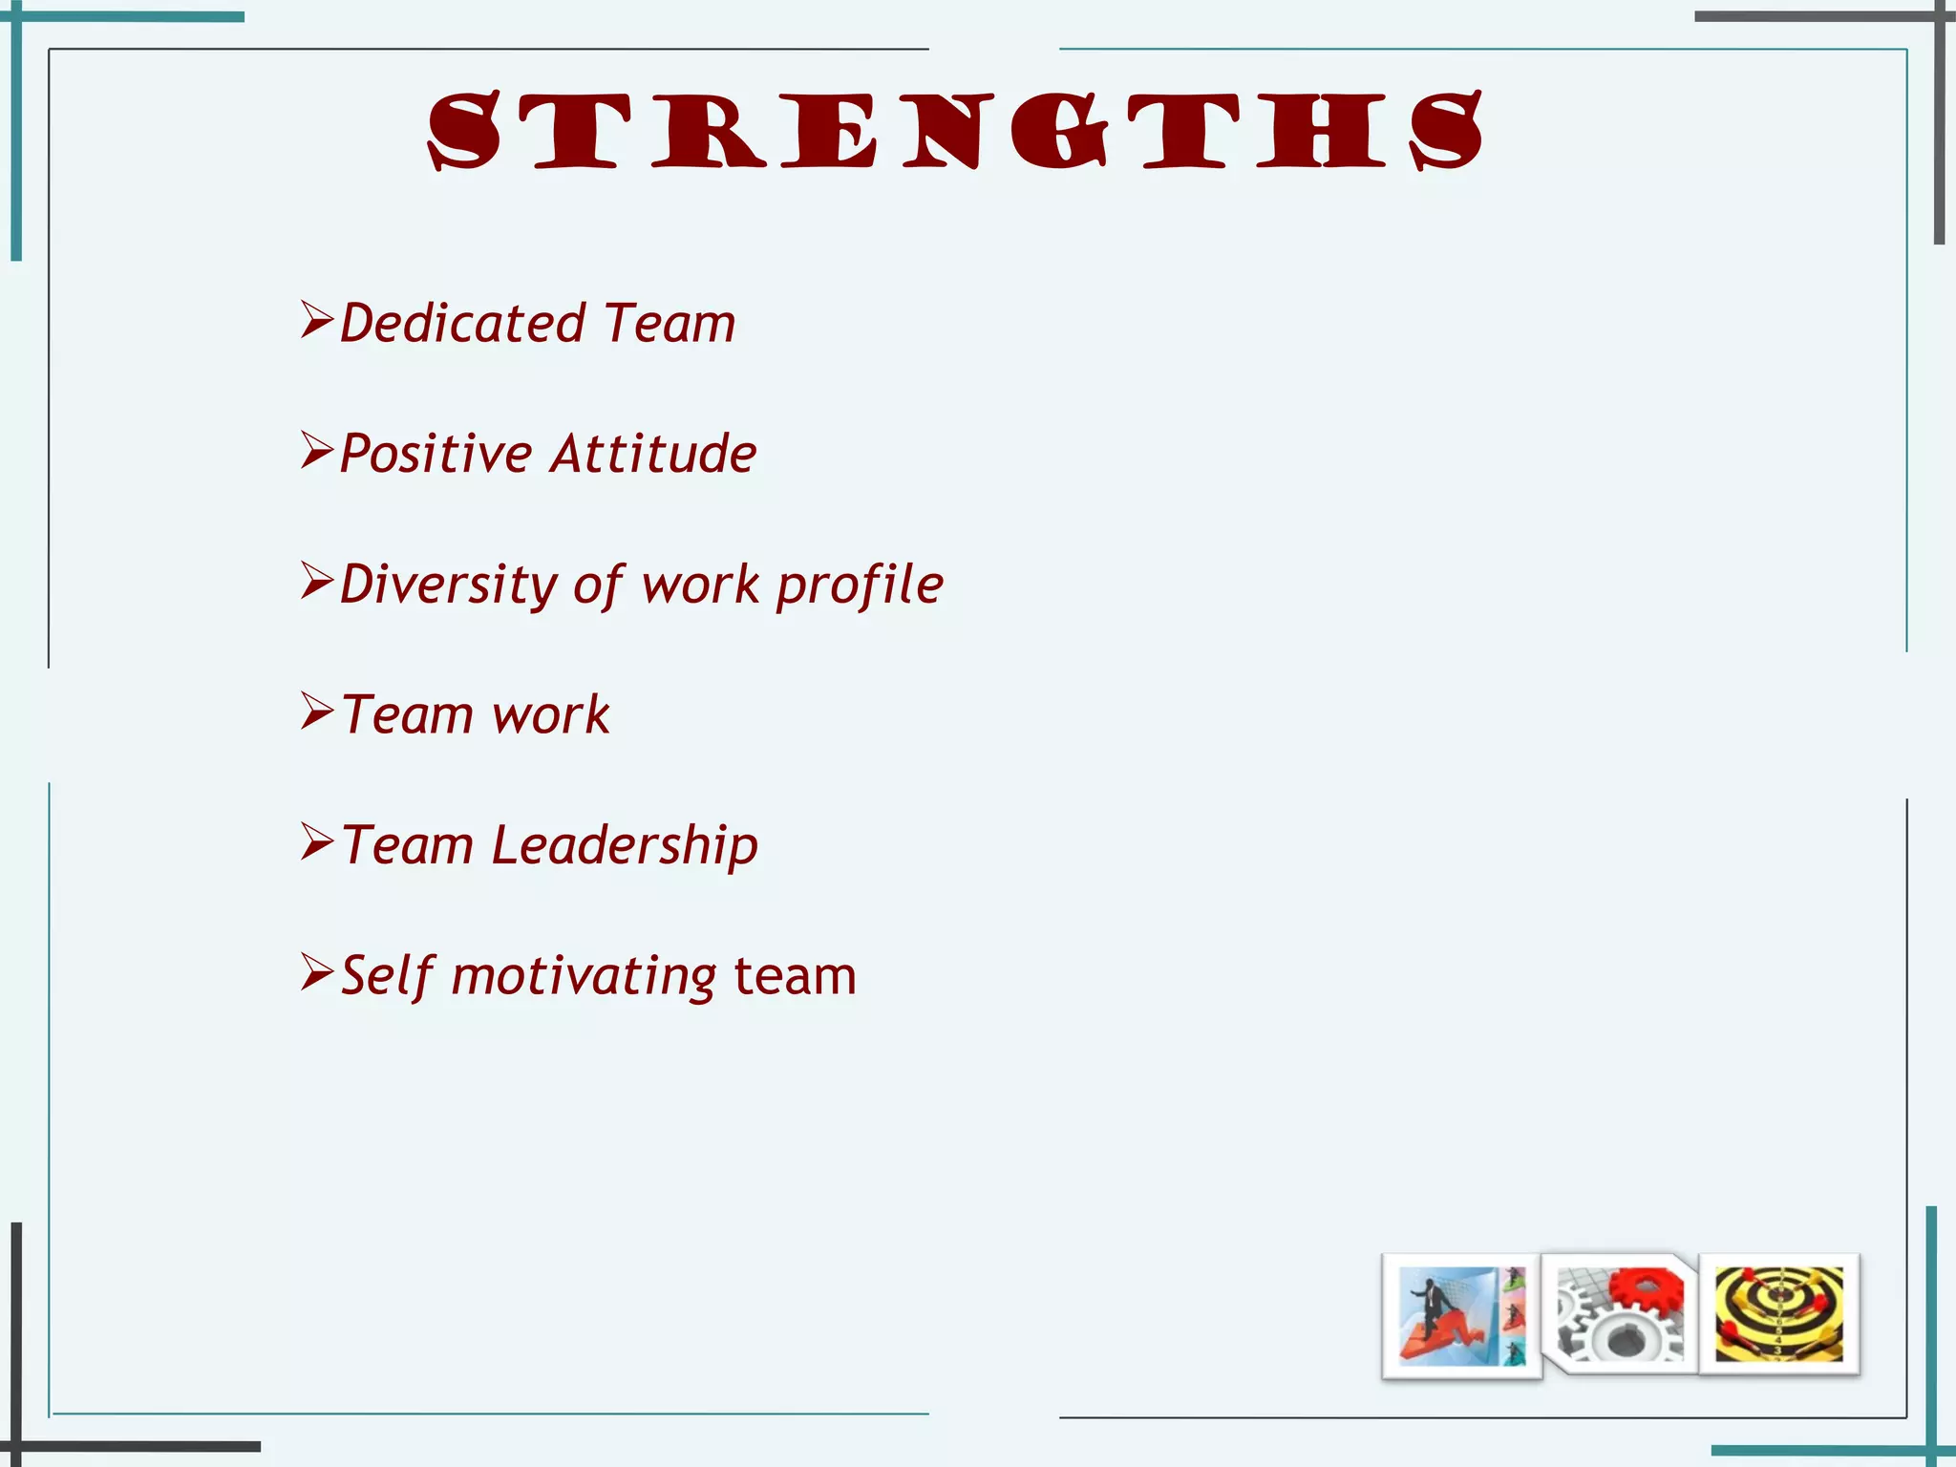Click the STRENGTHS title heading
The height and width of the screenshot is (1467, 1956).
pos(955,132)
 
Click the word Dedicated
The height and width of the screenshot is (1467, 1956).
pos(462,323)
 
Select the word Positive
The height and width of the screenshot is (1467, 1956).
pos(436,453)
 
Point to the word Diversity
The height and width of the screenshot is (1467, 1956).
pos(448,584)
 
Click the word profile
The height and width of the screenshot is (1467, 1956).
pos(860,585)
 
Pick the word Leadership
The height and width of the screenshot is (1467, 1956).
pos(625,845)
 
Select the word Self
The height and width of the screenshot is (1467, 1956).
pos(387,975)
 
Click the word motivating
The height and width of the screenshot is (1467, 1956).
pos(584,976)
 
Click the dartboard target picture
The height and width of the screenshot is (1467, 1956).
pos(1778,1313)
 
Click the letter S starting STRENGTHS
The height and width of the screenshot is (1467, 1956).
pos(464,132)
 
